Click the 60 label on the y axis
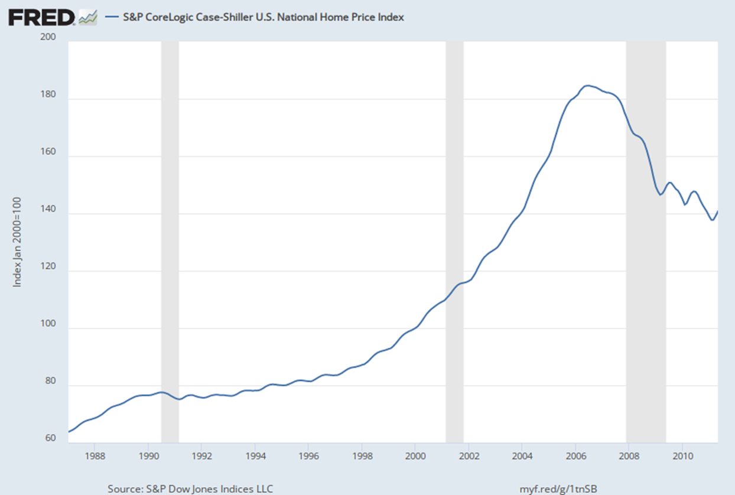click(50, 438)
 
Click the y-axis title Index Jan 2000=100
click(17, 242)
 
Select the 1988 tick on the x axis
click(95, 455)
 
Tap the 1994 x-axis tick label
click(255, 455)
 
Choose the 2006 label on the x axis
click(575, 455)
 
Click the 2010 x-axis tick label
click(682, 455)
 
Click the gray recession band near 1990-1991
click(170, 236)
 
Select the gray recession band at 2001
click(454, 236)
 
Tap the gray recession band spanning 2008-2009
click(646, 236)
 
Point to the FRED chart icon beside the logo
click(87, 18)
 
